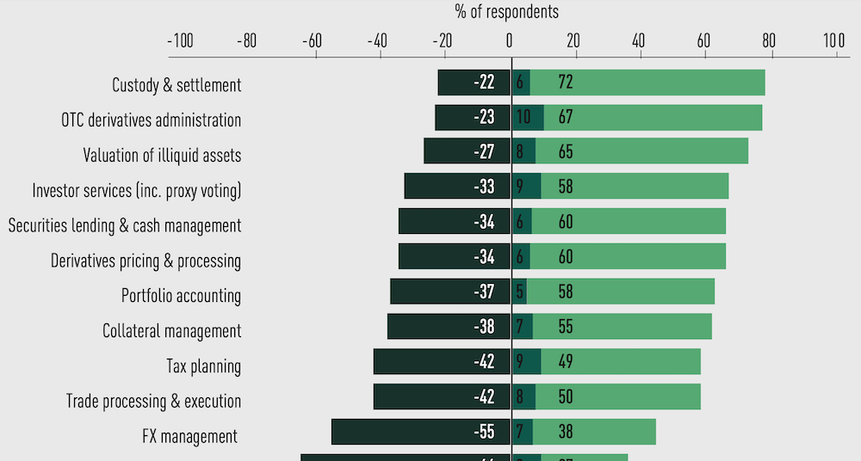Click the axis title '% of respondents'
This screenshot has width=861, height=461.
[x=506, y=12]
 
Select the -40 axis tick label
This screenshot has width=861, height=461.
[x=377, y=40]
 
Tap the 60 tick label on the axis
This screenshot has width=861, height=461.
[x=704, y=40]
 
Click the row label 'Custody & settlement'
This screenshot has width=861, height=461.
[x=177, y=85]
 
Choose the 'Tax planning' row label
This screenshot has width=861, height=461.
[x=203, y=366]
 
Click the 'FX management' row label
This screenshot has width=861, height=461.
[x=189, y=436]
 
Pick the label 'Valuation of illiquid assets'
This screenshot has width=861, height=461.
[x=162, y=156]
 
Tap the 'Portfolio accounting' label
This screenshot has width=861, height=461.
[x=181, y=296]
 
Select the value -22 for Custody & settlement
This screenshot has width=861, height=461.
[x=484, y=83]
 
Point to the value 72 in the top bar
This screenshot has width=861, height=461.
[x=566, y=83]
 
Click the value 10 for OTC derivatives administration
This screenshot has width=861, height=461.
[x=523, y=118]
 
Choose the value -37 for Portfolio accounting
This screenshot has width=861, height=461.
[x=484, y=292]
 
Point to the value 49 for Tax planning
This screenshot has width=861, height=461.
[x=566, y=362]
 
